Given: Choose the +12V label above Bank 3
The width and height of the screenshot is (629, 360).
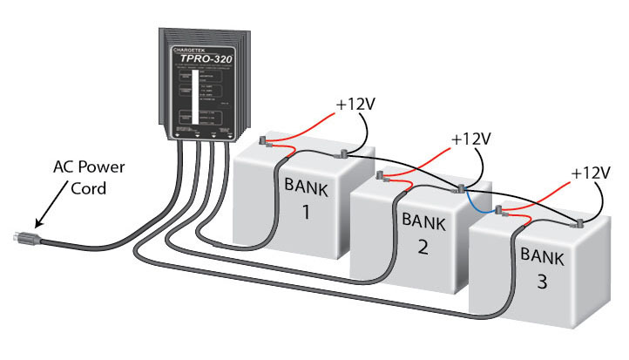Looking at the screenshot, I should [593, 175].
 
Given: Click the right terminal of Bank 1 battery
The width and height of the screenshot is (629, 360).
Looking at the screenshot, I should [343, 155].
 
